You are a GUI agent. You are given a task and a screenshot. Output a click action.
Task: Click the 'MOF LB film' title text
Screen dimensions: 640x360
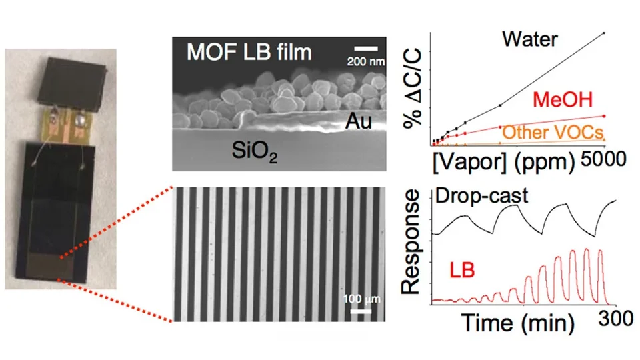pos(249,52)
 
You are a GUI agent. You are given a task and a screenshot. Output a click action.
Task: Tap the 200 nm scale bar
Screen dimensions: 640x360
pos(366,49)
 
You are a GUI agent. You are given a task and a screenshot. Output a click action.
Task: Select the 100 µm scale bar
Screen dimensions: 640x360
pos(361,312)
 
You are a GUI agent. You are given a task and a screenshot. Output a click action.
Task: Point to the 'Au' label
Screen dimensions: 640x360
pos(359,121)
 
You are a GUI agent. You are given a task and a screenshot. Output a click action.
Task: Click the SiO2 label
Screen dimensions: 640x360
pos(255,151)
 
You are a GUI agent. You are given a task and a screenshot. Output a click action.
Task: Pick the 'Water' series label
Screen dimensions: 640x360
pos(530,39)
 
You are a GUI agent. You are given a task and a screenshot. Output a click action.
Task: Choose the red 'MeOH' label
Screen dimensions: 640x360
pos(563,99)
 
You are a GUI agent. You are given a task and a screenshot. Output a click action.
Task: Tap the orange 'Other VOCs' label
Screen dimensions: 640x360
pos(553,132)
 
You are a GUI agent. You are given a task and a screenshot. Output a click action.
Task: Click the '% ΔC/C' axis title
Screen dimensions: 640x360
pos(412,88)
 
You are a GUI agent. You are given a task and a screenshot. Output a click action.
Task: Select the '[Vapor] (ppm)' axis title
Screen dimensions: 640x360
pos(504,162)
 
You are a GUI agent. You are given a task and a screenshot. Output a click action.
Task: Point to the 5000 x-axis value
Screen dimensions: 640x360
pos(603,159)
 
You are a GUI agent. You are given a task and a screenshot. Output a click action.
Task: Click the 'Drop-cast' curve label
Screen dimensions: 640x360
pos(481,195)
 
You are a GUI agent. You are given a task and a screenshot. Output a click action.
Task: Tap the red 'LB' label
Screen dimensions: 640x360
pos(462,270)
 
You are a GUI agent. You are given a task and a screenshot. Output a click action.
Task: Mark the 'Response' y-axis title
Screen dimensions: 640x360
pos(410,241)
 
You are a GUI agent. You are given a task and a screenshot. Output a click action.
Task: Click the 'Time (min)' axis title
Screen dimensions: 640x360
pos(518,323)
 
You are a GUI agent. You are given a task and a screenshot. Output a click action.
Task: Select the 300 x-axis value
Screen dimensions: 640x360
pos(616,319)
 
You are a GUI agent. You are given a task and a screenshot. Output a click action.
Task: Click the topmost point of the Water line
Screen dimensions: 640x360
pos(604,33)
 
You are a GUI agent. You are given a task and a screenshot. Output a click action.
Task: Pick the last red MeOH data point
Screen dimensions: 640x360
pos(604,116)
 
